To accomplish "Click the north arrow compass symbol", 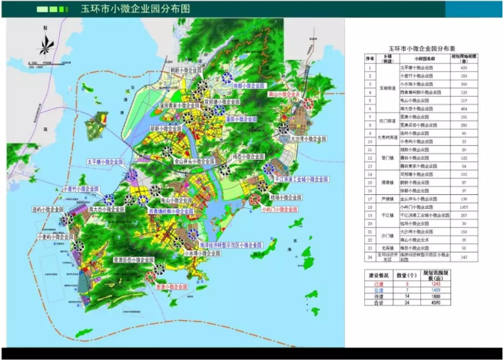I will point(45,46).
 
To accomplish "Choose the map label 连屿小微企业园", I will point(47,208).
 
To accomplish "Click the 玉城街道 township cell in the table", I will point(388,88).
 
